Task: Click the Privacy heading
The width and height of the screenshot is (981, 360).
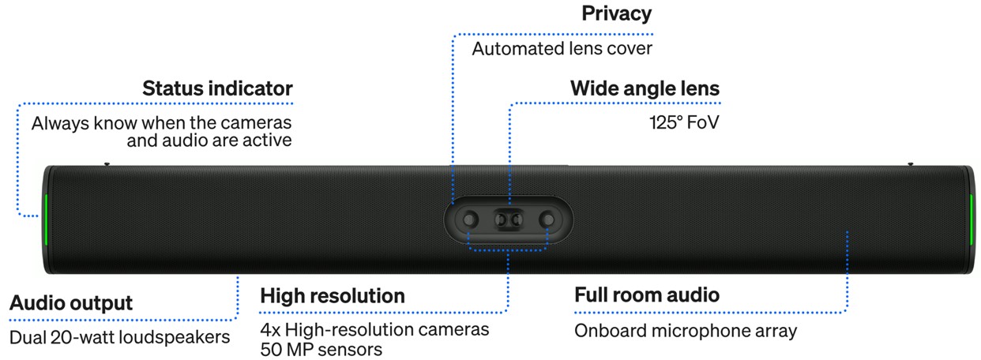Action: [x=617, y=14]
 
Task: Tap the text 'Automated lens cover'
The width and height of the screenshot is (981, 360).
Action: [x=562, y=49]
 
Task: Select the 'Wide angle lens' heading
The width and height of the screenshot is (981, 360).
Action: [x=645, y=88]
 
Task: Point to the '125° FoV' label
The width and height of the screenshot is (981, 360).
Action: [x=684, y=122]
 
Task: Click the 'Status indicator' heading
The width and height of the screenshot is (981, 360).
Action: [x=217, y=88]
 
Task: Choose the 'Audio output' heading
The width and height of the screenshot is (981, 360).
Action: [x=71, y=303]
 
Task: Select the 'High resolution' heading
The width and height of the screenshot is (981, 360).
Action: [x=333, y=296]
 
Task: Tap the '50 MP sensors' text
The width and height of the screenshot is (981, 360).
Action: [x=321, y=350]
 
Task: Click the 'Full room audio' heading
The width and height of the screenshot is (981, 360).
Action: [x=647, y=295]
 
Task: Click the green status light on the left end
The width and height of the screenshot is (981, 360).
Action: [x=46, y=219]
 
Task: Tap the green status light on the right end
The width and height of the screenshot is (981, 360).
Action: [x=972, y=219]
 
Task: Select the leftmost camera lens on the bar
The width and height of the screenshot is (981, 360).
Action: [x=469, y=219]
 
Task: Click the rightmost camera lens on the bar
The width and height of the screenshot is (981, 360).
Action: [x=547, y=219]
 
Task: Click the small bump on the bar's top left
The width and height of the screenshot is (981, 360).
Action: [x=107, y=164]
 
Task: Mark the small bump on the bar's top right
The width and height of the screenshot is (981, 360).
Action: [x=911, y=164]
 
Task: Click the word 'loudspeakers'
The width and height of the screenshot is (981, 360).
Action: [x=175, y=338]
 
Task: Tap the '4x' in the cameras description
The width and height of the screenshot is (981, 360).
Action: [x=271, y=330]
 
